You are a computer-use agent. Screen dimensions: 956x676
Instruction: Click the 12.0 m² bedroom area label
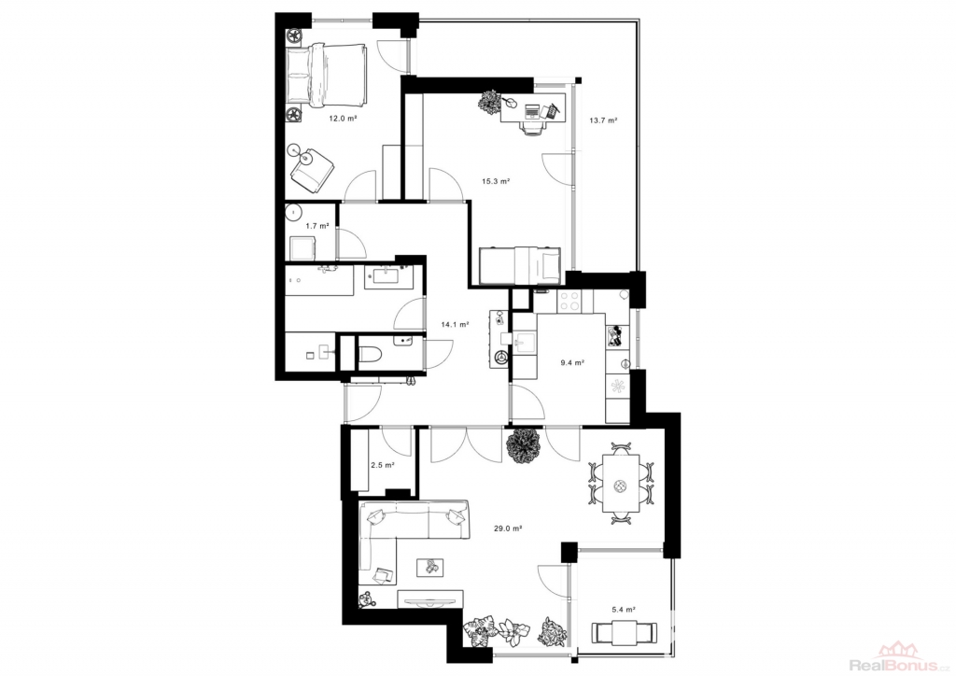click(343, 119)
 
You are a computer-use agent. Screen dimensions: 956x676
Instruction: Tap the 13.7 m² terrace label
click(603, 120)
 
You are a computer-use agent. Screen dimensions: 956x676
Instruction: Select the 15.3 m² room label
click(496, 181)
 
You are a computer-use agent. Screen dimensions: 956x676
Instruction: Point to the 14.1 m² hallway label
click(455, 325)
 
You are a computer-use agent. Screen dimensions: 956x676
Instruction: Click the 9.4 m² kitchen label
click(572, 362)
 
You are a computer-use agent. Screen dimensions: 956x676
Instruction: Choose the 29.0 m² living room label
click(507, 528)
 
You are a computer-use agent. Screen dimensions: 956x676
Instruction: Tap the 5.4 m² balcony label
click(624, 609)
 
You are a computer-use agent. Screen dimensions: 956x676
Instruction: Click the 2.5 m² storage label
click(382, 465)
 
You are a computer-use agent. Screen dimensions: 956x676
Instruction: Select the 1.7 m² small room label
click(317, 226)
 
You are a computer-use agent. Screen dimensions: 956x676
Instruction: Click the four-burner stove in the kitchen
click(569, 302)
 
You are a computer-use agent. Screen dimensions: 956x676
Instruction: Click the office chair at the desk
click(532, 127)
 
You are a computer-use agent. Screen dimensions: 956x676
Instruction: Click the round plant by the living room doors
click(523, 447)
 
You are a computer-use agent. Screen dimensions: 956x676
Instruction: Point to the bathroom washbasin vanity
click(389, 276)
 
